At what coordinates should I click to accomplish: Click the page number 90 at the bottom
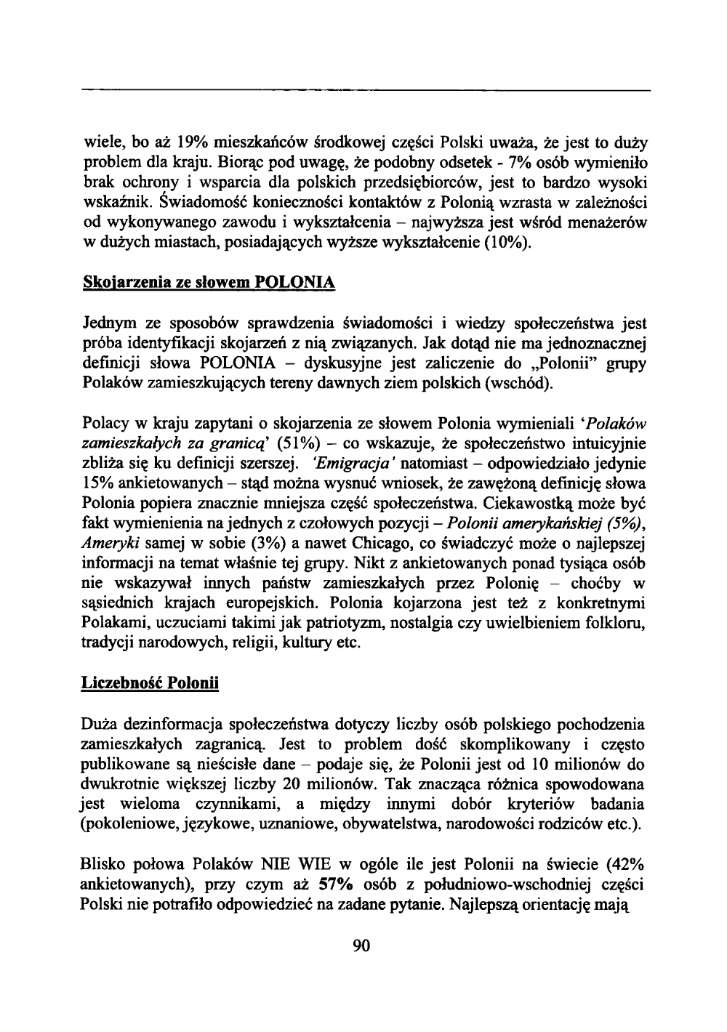362,945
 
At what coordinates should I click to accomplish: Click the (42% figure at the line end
623,866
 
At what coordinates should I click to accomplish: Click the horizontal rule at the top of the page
363,91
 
